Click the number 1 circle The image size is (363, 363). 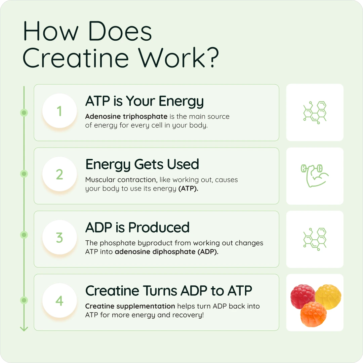click(x=59, y=111)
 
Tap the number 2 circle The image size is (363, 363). click(x=59, y=174)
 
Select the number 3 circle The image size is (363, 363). click(x=59, y=238)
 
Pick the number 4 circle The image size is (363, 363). click(x=59, y=301)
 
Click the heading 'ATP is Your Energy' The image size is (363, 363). click(x=145, y=101)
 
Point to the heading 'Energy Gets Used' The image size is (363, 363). click(x=142, y=164)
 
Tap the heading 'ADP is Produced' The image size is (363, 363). click(x=137, y=228)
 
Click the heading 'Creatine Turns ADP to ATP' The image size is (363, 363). click(x=169, y=291)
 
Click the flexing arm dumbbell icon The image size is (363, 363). click(x=314, y=175)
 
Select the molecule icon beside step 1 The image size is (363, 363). click(x=315, y=112)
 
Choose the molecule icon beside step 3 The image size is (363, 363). click(x=315, y=239)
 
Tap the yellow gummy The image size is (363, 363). click(x=328, y=295)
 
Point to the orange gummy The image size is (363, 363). click(x=313, y=314)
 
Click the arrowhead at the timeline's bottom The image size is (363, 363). click(x=24, y=328)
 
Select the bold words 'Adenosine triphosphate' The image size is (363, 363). click(x=126, y=117)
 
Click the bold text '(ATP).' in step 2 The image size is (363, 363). click(x=188, y=189)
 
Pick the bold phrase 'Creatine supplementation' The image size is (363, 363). click(x=130, y=306)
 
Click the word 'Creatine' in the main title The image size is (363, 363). click(x=76, y=58)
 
